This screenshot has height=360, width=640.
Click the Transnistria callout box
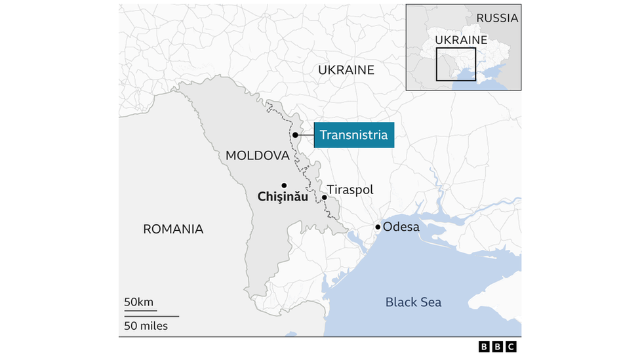point(354,135)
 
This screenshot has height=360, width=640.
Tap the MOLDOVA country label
point(257,155)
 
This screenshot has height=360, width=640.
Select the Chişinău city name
point(283,196)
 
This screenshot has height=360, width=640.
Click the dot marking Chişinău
point(284,185)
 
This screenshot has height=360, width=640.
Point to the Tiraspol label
point(350,190)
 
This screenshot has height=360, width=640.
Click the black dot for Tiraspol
point(325,197)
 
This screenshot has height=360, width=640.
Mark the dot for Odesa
point(378,227)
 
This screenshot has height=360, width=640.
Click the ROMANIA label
point(173,229)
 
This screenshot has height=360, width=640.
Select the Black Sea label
point(413,302)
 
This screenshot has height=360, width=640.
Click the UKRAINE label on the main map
point(346,70)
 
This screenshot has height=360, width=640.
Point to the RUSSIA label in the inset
point(497,18)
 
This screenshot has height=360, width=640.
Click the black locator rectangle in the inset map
point(456,64)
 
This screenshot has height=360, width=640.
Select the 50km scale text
point(138,302)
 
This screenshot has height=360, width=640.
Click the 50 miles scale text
point(146,326)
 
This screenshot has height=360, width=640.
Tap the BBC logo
point(498,347)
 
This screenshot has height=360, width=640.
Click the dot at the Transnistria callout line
point(296,135)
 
